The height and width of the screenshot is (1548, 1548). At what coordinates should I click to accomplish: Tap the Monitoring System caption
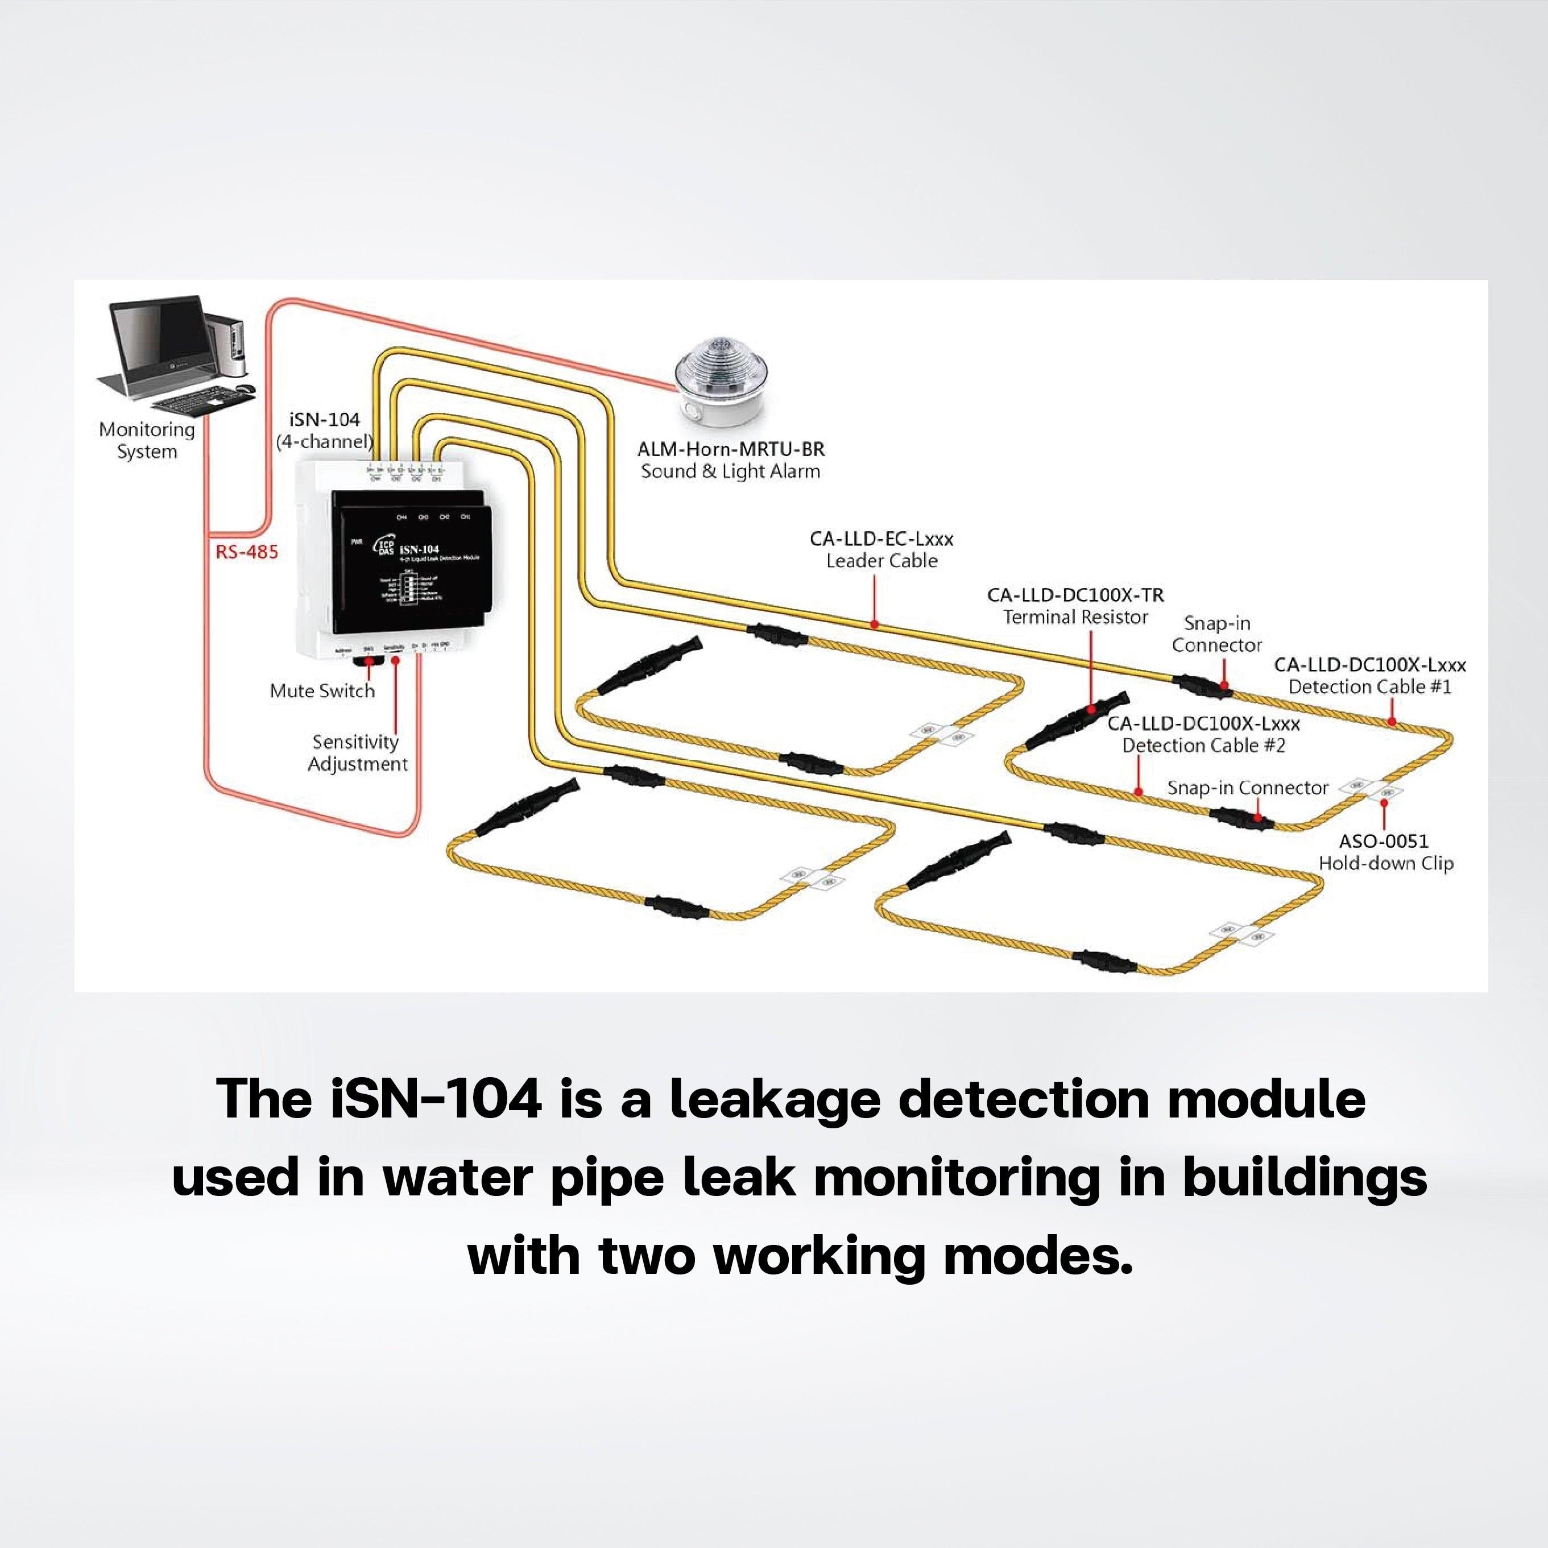pyautogui.click(x=147, y=441)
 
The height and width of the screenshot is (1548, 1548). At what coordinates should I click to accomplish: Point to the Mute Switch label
pyautogui.click(x=322, y=690)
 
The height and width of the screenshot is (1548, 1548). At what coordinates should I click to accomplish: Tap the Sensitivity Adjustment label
pyautogui.click(x=357, y=753)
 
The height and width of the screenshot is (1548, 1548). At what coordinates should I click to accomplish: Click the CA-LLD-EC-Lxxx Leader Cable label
pyautogui.click(x=881, y=550)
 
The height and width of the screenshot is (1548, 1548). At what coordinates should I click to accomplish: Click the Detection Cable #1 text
pyautogui.click(x=1370, y=686)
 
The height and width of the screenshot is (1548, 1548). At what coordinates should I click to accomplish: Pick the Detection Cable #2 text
pyautogui.click(x=1203, y=745)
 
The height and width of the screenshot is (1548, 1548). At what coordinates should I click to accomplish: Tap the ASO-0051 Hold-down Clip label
pyautogui.click(x=1385, y=852)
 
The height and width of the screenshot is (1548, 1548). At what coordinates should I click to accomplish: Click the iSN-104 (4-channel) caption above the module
pyautogui.click(x=325, y=431)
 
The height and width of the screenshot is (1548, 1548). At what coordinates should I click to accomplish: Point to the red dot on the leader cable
pyautogui.click(x=875, y=623)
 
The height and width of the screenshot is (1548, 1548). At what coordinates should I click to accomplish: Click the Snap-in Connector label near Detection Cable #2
pyautogui.click(x=1248, y=788)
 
